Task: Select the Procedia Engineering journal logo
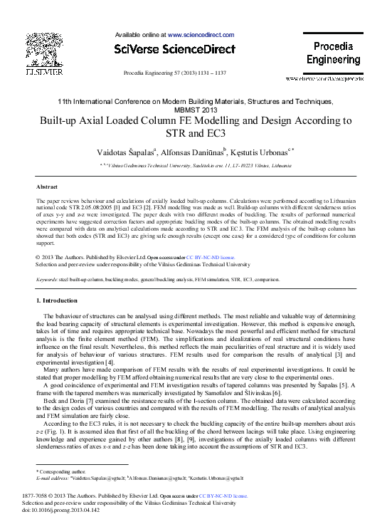tap(334, 53)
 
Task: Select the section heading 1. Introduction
tap(60, 303)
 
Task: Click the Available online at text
tap(141, 34)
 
